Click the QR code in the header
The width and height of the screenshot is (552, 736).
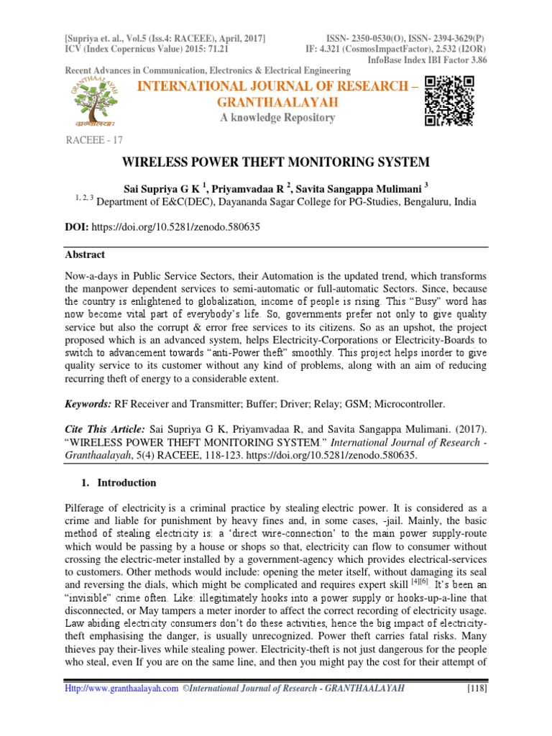tap(450, 101)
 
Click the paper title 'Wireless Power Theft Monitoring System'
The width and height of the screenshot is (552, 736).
tap(275, 162)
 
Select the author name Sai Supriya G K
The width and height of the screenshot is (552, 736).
tap(172, 189)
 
